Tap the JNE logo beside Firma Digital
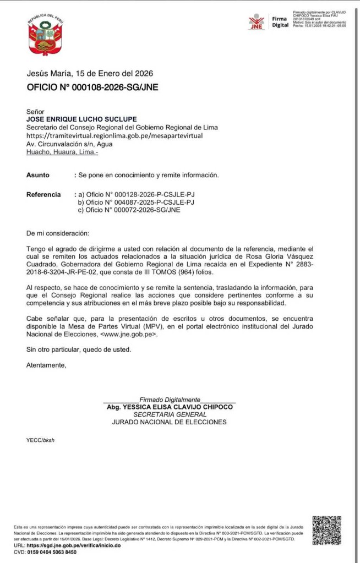(x=256, y=22)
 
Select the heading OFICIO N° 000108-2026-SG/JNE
(x=92, y=88)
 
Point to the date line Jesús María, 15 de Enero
(x=90, y=73)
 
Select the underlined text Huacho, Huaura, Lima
(x=62, y=152)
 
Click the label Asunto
(x=38, y=175)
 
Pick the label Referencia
(x=43, y=194)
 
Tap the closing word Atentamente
(x=46, y=365)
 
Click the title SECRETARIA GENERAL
(x=170, y=414)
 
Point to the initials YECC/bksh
(x=41, y=440)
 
